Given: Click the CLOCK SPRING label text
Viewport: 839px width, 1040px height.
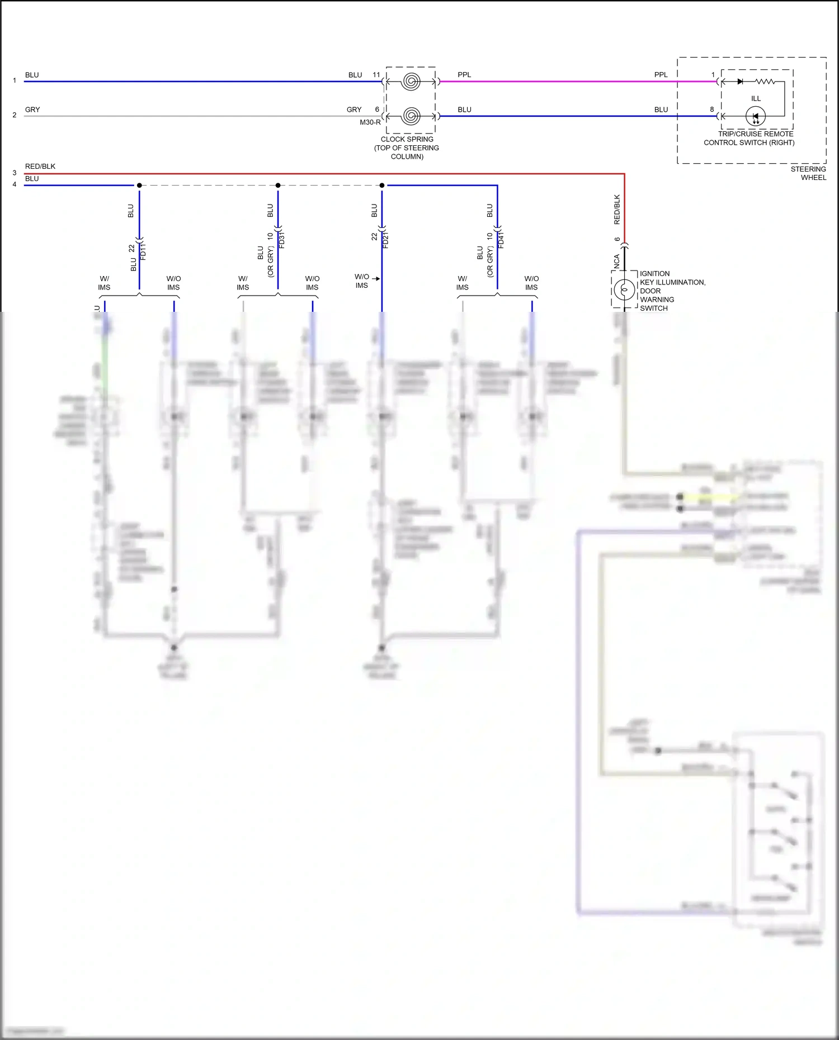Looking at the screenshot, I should (x=407, y=139).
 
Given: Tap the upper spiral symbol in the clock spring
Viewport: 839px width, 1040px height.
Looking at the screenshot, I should (x=411, y=82).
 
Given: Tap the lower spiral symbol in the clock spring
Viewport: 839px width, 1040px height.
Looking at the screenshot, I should (x=411, y=116).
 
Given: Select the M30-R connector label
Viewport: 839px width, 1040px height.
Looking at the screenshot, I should (x=370, y=122).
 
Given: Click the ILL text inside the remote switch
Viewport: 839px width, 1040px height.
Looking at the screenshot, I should (x=756, y=98).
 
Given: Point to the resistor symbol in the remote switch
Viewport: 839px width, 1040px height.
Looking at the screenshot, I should (x=765, y=82).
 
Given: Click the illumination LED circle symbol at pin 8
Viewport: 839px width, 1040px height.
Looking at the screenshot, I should (x=756, y=117).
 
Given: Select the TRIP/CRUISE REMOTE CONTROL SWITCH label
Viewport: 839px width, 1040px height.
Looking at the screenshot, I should (x=750, y=138).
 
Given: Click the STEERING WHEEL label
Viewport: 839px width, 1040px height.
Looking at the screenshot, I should (x=808, y=173).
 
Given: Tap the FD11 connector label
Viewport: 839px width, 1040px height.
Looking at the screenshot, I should (x=143, y=251).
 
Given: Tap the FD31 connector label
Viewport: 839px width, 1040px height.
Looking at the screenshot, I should (x=282, y=240).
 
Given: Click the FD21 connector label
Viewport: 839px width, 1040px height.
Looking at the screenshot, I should (x=386, y=240).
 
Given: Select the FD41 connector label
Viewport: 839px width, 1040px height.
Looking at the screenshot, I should (x=501, y=240).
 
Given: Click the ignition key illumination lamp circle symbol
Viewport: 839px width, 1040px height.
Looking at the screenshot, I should (x=624, y=289).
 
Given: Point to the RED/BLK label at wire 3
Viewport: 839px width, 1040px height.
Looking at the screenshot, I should (x=40, y=167).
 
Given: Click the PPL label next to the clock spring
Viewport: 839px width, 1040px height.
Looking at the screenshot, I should (x=464, y=75).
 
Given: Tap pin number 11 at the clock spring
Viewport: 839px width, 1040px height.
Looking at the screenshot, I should (x=376, y=75).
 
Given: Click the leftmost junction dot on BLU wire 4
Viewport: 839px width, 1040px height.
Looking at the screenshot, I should (x=139, y=186).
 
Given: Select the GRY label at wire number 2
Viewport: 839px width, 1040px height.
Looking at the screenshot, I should (x=32, y=110).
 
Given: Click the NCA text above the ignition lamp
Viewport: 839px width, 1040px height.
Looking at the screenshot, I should (x=617, y=262).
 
